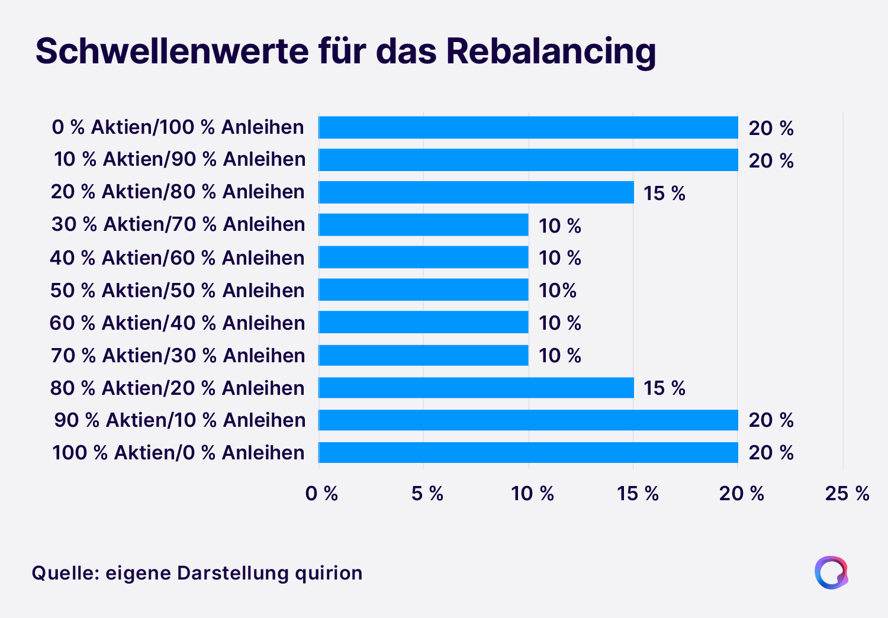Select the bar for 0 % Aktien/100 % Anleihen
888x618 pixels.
pyautogui.click(x=528, y=127)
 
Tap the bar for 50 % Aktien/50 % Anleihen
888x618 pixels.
pyautogui.click(x=423, y=290)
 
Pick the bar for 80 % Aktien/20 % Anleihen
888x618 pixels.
pyautogui.click(x=476, y=388)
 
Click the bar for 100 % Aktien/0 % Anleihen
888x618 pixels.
pyautogui.click(x=528, y=452)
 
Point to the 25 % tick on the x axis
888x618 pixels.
pyautogui.click(x=847, y=493)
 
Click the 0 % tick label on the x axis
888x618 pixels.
pyautogui.click(x=321, y=493)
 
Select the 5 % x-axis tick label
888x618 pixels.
pyautogui.click(x=427, y=493)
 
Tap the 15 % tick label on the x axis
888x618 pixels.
pyautogui.click(x=638, y=493)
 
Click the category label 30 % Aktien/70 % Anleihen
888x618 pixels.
pyautogui.click(x=178, y=224)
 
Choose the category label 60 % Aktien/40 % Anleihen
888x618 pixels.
pyautogui.click(x=177, y=323)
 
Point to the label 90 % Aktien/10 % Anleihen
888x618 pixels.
pyautogui.click(x=180, y=420)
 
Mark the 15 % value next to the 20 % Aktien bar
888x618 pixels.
pyautogui.click(x=664, y=194)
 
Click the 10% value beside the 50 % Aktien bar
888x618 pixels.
pyautogui.click(x=557, y=291)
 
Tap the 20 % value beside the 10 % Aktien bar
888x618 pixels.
pyautogui.click(x=771, y=161)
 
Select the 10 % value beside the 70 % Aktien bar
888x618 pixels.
pyautogui.click(x=559, y=356)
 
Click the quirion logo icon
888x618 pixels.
pyautogui.click(x=831, y=572)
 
